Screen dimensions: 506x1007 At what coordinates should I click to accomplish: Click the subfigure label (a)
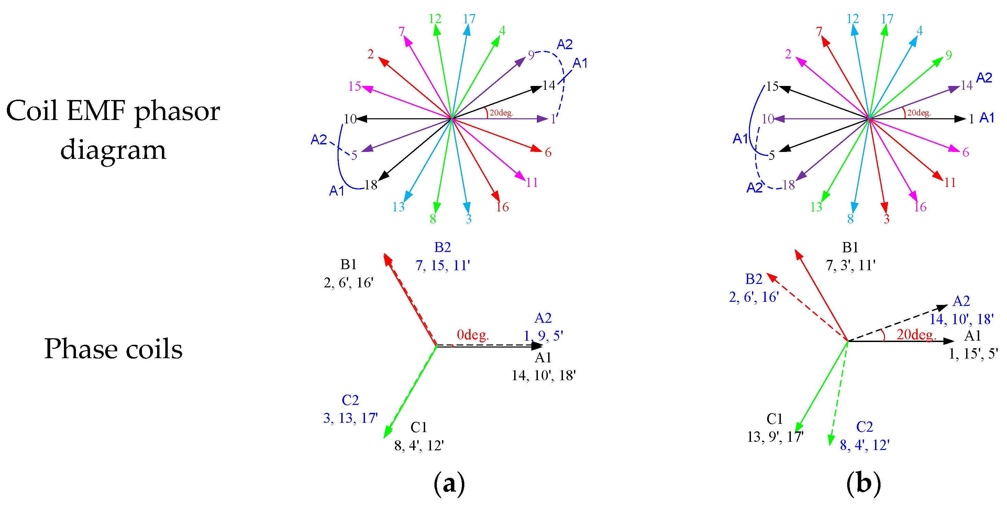tap(449, 483)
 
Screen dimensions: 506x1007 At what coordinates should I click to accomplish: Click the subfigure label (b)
tap(864, 483)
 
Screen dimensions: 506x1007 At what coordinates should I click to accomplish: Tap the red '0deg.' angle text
tap(473, 335)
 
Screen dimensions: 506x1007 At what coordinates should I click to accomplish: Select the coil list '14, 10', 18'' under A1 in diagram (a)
tap(543, 375)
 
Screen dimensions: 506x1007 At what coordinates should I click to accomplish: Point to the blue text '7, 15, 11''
tap(443, 265)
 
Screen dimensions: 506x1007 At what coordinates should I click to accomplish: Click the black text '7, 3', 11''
tap(850, 265)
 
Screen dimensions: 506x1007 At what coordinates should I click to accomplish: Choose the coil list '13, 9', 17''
tap(775, 437)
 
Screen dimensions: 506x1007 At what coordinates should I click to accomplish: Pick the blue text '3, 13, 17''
tap(350, 418)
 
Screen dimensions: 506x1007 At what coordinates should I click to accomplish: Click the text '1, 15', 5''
tap(973, 353)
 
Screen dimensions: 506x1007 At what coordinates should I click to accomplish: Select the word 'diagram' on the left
tap(113, 150)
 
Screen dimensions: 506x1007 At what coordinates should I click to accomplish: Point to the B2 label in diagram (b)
tap(754, 279)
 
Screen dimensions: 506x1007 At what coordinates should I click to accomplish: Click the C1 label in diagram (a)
tap(418, 427)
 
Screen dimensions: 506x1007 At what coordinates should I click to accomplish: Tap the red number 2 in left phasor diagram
tap(370, 54)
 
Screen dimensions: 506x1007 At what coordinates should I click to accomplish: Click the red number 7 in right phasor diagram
tap(819, 31)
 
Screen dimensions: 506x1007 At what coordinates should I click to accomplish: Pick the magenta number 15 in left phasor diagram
tap(355, 86)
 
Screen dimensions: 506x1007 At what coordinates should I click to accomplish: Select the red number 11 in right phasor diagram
tap(950, 183)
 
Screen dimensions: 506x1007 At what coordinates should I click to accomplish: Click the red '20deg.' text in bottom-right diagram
tap(916, 335)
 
